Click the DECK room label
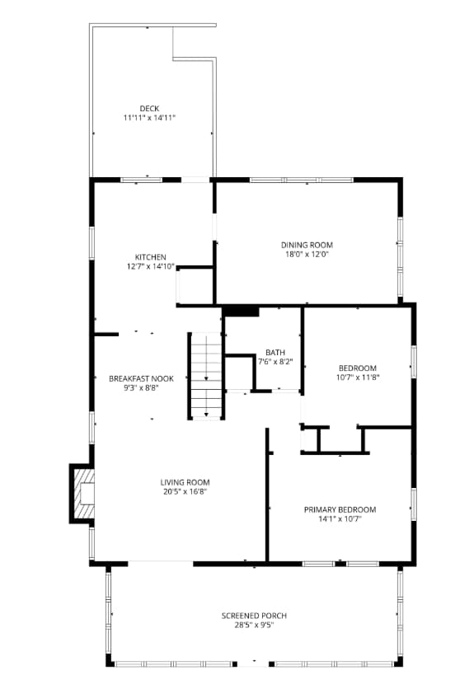[x=149, y=109]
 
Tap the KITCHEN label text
[x=151, y=257]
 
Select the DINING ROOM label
[x=307, y=245]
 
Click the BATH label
[x=275, y=353]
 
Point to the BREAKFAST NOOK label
[x=141, y=379]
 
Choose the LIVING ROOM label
[x=185, y=482]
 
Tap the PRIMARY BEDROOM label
[x=340, y=510]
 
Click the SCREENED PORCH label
[x=254, y=616]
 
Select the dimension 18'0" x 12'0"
[x=307, y=255]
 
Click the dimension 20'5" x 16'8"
[x=185, y=492]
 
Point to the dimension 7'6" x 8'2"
[x=275, y=362]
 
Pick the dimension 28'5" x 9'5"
[x=254, y=626]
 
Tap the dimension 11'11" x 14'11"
[x=149, y=118]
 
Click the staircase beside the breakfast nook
[x=206, y=375]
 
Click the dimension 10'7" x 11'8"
[x=358, y=377]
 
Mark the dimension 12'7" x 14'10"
[x=151, y=266]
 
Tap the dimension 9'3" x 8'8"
[x=141, y=388]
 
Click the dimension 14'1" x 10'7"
[x=340, y=519]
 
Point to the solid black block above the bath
[x=241, y=312]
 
